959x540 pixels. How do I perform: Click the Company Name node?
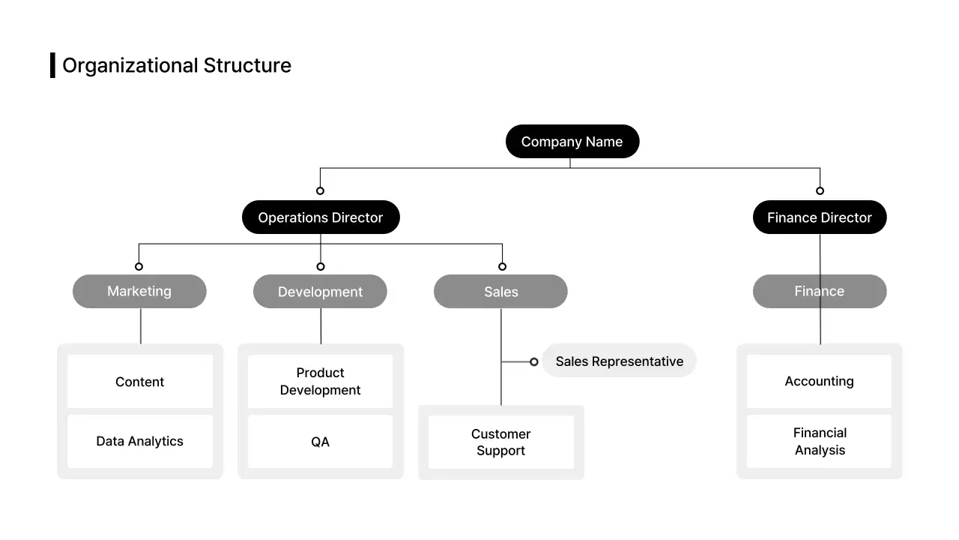pos(572,142)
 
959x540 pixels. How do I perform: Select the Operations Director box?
pos(321,217)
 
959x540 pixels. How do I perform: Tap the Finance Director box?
pos(819,217)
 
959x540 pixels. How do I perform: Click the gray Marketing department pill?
pos(139,291)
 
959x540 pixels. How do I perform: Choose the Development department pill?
pos(320,292)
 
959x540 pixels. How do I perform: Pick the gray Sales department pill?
pos(500,292)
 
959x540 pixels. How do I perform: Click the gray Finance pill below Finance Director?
pos(819,291)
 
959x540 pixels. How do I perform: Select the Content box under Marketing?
pos(140,382)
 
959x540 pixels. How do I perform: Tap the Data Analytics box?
pos(140,441)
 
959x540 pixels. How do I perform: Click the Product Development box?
pos(320,381)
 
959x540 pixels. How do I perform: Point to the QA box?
pos(320,442)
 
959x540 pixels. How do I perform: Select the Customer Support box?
pos(500,442)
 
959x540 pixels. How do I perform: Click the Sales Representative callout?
pos(619,361)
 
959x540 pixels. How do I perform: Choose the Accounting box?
pos(819,381)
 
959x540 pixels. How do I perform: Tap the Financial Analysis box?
pos(819,441)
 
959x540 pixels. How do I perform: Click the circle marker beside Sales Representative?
pos(533,361)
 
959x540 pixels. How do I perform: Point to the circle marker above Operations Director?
pos(320,190)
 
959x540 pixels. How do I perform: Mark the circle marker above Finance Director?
pos(820,190)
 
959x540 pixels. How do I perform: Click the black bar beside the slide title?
pos(52,65)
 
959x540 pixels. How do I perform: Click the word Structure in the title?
pos(247,65)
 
